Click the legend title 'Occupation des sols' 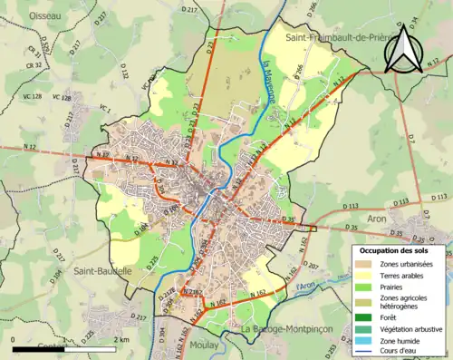pyautogui.click(x=397, y=249)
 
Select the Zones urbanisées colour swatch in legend pyautogui.click(x=362, y=263)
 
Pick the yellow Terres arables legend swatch pyautogui.click(x=362, y=275)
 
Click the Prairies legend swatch pyautogui.click(x=362, y=287)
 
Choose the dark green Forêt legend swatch pyautogui.click(x=362, y=316)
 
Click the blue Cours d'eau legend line pyautogui.click(x=362, y=350)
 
